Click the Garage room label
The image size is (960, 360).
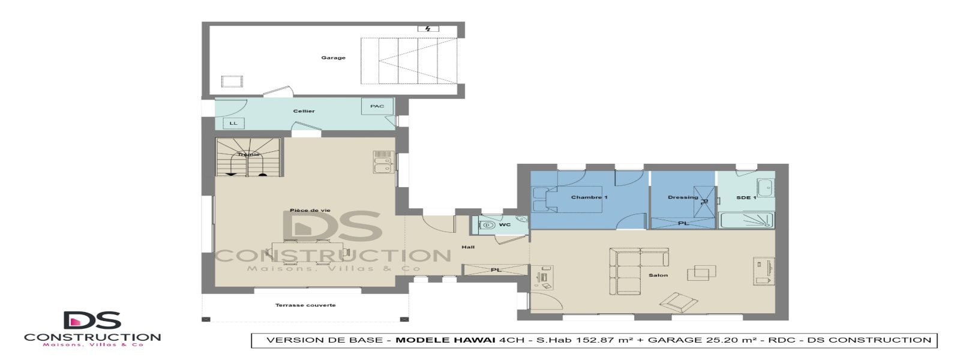coord(333,58)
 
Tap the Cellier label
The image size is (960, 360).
coord(304,111)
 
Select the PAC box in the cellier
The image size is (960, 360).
coord(377,107)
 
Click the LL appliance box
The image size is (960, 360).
coord(233,124)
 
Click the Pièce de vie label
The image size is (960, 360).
coord(310,211)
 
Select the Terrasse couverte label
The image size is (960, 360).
coord(305,305)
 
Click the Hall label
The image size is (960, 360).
coord(468,247)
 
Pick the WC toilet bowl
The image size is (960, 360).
coord(487,226)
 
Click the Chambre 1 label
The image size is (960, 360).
coord(589,197)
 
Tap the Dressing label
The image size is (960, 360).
coord(683,197)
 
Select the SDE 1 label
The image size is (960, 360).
coord(746,198)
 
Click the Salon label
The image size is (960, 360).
coord(658,275)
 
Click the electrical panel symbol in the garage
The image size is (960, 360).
coord(428,29)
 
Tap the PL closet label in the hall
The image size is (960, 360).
coord(496,270)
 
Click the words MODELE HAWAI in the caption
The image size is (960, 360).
coord(445,340)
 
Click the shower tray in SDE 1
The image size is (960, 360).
coord(747,220)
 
